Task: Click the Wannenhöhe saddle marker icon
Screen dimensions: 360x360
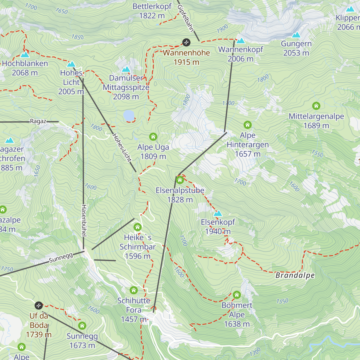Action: tap(186, 42)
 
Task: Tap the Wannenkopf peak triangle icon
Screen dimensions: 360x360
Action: tap(241, 40)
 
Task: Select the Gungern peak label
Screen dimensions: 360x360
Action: tap(296, 48)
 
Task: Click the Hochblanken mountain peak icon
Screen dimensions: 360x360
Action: tap(25, 54)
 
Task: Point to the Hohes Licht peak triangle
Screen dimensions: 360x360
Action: tap(71, 64)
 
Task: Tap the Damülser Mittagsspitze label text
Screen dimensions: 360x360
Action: tap(126, 87)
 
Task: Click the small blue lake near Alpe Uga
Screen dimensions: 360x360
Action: tap(129, 115)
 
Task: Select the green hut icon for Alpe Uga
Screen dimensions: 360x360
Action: tap(153, 137)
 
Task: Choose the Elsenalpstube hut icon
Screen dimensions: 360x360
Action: tap(180, 180)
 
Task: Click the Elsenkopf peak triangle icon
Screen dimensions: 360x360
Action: tap(218, 213)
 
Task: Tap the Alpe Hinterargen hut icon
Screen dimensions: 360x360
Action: tap(247, 125)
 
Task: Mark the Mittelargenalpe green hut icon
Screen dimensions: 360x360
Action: tap(316, 106)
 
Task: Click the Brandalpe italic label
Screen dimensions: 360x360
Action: tap(295, 275)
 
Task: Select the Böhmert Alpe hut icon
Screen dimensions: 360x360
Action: tap(237, 295)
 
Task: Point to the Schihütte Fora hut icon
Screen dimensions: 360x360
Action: tap(133, 290)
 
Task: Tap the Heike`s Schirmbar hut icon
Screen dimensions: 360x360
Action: tap(137, 227)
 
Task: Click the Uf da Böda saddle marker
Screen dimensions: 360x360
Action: tap(38, 305)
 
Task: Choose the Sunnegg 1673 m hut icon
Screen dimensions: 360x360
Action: tap(82, 325)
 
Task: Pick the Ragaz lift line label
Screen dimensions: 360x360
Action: tap(38, 121)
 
